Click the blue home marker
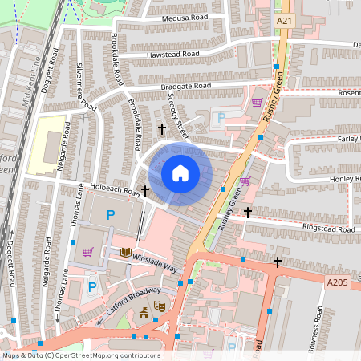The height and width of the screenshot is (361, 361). point(180,173)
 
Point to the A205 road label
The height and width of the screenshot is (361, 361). point(337,282)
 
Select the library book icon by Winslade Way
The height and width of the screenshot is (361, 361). point(125,252)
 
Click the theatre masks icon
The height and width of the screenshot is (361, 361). point(160,306)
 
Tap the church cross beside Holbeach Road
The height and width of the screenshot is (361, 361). point(145,191)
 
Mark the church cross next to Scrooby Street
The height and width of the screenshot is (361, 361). point(161,128)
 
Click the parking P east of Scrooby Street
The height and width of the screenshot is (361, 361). point(221,118)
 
